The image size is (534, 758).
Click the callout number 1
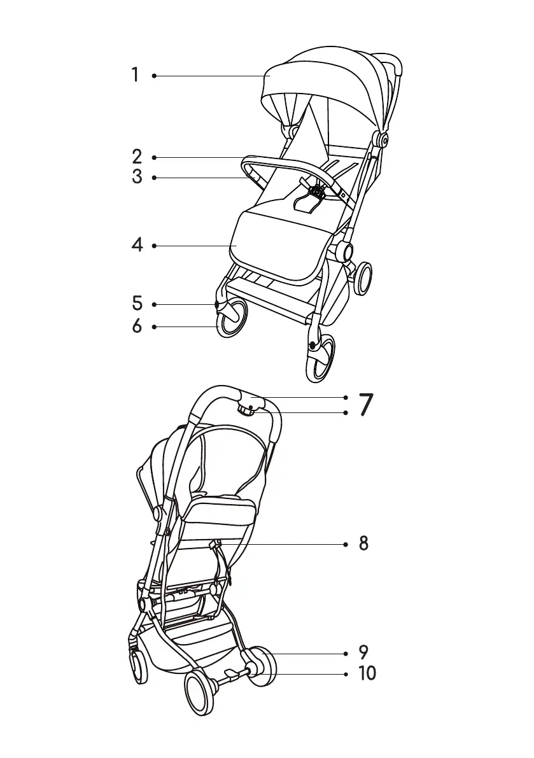[x=135, y=75]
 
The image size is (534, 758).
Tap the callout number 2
[x=137, y=157]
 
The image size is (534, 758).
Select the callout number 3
[x=137, y=177]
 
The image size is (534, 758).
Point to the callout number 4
[x=137, y=245]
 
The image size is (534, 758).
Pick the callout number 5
[x=137, y=304]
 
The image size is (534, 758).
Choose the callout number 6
[x=137, y=326]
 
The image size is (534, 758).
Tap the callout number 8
[x=363, y=544]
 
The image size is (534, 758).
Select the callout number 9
[x=363, y=653]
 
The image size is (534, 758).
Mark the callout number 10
[x=367, y=673]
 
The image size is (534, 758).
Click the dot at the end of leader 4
[x=154, y=245]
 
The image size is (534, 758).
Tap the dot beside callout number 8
[x=345, y=544]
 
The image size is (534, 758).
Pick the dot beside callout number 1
[x=154, y=76]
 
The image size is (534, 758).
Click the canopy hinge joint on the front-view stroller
[x=384, y=137]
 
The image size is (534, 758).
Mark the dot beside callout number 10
[x=345, y=673]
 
